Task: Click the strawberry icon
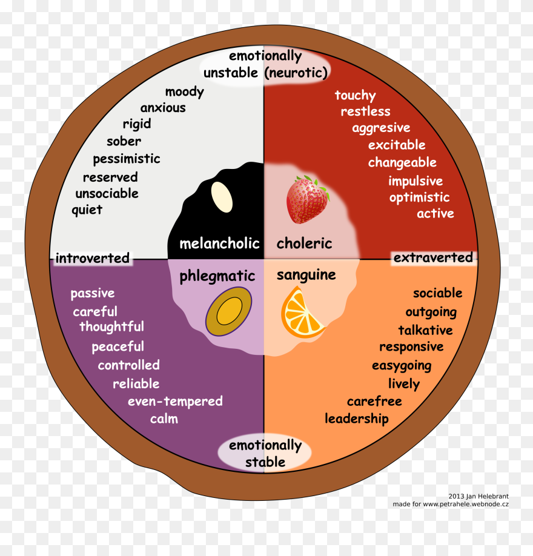tap(306, 199)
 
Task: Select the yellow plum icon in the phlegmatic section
tap(228, 312)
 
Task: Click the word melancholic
tap(219, 243)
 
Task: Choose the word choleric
tap(304, 243)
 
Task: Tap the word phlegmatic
tap(217, 276)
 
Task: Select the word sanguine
tap(306, 275)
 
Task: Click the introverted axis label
tap(92, 259)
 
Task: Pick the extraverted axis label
tap(432, 258)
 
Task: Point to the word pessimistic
tap(126, 159)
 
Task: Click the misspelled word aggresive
tap(381, 128)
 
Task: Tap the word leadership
tap(356, 419)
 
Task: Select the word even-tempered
tap(174, 402)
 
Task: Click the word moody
tap(184, 92)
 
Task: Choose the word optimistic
tap(419, 197)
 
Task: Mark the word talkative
tap(425, 330)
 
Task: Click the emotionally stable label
tap(265, 454)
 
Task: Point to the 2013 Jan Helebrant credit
tap(478, 495)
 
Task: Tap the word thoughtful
tap(111, 327)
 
